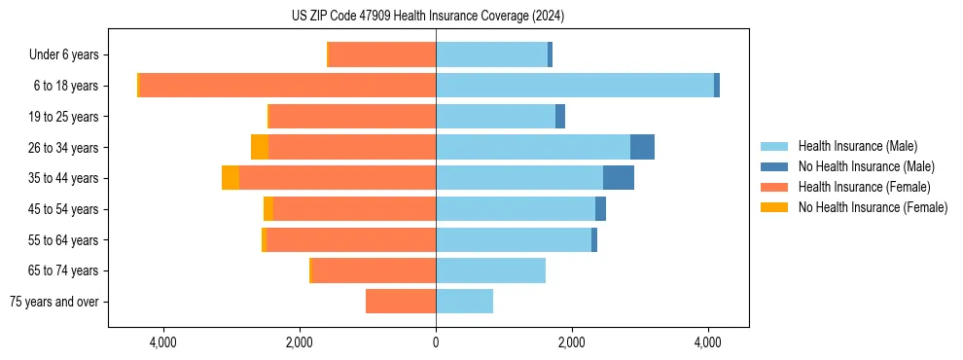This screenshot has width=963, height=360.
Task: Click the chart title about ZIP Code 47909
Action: coord(428,17)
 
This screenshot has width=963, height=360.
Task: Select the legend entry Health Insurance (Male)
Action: coord(857,146)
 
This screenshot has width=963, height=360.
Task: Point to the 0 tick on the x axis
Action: coord(436,342)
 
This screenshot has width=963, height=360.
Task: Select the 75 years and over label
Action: coord(54,302)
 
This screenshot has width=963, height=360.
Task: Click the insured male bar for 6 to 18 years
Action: coord(574,86)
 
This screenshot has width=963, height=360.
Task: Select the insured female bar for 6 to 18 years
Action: coord(287,86)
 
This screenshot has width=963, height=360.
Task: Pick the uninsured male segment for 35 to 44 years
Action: coord(619,178)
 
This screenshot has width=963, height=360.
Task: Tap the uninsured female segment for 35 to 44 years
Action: coord(231,178)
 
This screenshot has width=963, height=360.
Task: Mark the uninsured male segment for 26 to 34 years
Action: coord(642,147)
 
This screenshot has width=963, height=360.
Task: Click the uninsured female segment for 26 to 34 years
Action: coord(260,147)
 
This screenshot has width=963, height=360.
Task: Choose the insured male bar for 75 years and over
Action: coord(464,302)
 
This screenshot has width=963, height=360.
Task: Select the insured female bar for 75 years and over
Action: coord(401,302)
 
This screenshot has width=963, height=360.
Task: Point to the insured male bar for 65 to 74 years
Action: coord(490,270)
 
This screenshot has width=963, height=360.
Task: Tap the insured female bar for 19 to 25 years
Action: coord(352,117)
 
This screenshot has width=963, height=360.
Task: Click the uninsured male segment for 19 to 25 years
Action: coord(560,117)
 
